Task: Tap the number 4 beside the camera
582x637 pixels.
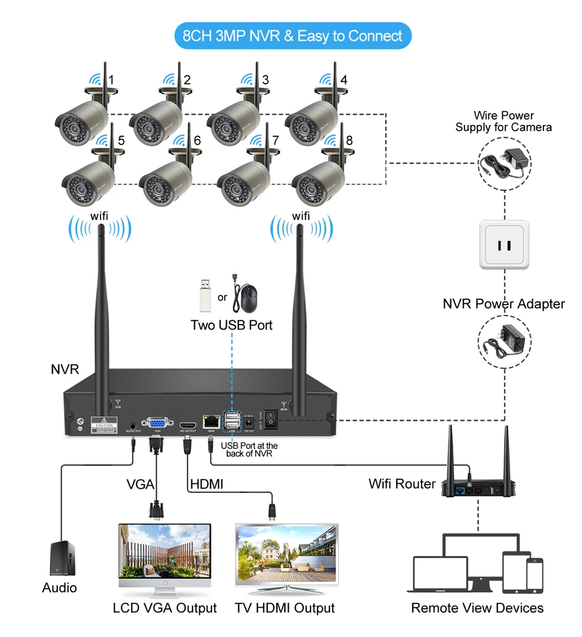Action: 344,80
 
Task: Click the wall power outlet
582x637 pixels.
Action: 504,244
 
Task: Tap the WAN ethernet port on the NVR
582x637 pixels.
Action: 211,421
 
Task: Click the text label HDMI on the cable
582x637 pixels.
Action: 207,484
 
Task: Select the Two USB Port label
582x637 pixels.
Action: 232,325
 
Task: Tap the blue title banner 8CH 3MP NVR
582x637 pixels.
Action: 293,36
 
